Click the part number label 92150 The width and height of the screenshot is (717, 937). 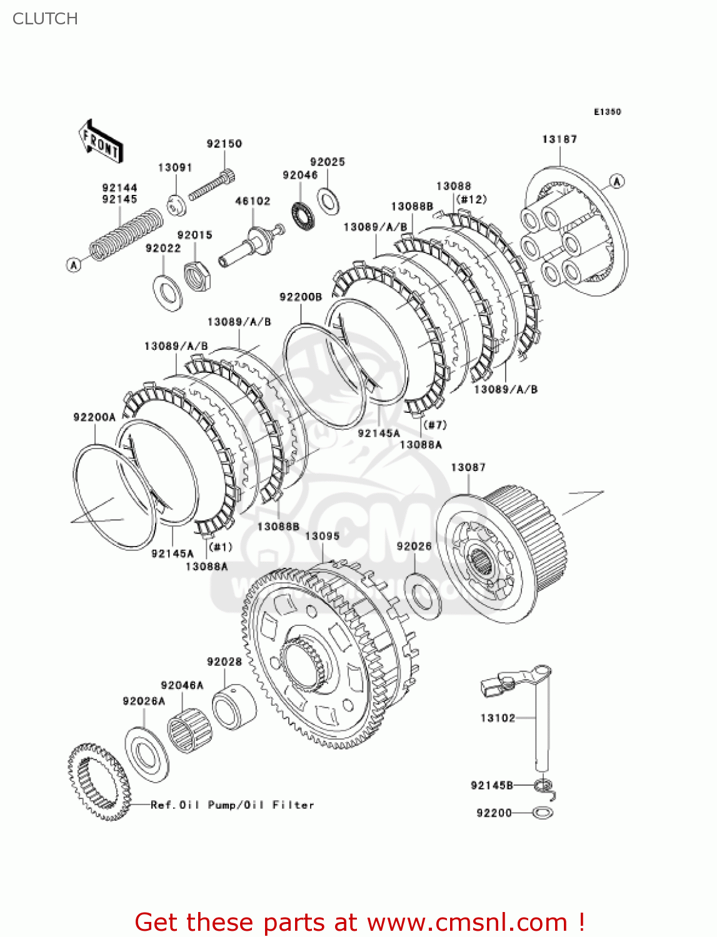coord(224,144)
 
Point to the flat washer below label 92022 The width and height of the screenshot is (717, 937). coord(168,292)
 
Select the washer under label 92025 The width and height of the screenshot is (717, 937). coord(328,199)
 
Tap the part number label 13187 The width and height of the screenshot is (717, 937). coord(559,139)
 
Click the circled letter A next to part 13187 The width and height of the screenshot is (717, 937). coord(616,182)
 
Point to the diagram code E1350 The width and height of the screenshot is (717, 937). coord(607,112)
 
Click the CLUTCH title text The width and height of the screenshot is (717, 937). coord(45,19)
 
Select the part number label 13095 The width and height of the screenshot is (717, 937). coord(322,536)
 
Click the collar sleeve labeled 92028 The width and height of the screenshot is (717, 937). coord(234,706)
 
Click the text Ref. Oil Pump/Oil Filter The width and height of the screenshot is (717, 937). coord(232,805)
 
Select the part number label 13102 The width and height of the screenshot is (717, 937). coord(498,718)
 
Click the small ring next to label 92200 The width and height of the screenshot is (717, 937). coord(543,813)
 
